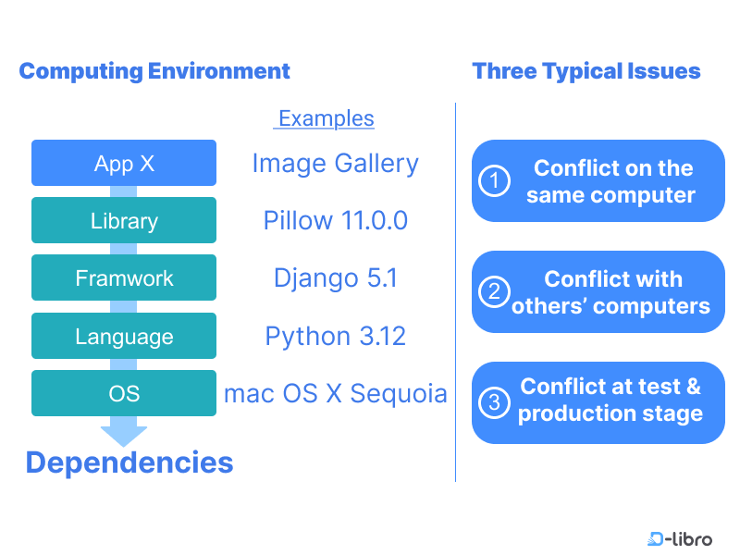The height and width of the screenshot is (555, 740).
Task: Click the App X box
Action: pos(124,164)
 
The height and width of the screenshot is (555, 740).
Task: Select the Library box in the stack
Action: pos(124,221)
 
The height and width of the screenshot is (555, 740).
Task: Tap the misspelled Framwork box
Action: pos(124,278)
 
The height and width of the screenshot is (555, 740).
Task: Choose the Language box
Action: pos(124,337)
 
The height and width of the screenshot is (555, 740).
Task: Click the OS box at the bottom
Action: pos(124,394)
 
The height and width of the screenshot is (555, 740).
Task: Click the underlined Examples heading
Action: pos(326,118)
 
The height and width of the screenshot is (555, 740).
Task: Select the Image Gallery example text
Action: pos(335,164)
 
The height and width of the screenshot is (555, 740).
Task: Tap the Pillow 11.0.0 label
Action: pos(335,221)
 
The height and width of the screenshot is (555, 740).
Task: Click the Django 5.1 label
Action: pos(335,278)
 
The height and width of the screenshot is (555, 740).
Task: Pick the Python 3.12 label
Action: pos(335,337)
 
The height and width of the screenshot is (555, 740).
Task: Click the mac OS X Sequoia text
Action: pos(335,394)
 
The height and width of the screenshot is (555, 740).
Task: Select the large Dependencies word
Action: pos(129,462)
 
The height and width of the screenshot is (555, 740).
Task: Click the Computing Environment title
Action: pos(154,71)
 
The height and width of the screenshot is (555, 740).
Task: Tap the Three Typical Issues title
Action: pos(586,71)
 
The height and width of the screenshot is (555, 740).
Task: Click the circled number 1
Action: pos(494,181)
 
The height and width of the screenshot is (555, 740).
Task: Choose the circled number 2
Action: pos(494,292)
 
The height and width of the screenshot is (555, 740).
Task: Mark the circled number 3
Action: pos(494,402)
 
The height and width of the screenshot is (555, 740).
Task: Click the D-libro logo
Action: pos(680,538)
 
